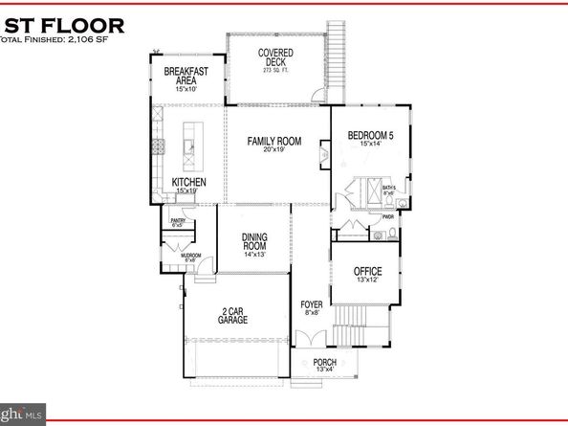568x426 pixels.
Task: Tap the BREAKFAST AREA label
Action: click(186, 77)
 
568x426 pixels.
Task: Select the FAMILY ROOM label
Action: click(274, 142)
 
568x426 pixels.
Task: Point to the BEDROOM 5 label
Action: click(370, 136)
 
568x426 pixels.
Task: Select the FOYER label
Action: click(312, 304)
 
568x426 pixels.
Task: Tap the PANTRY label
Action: click(177, 221)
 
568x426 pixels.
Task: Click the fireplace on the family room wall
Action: click(325, 150)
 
